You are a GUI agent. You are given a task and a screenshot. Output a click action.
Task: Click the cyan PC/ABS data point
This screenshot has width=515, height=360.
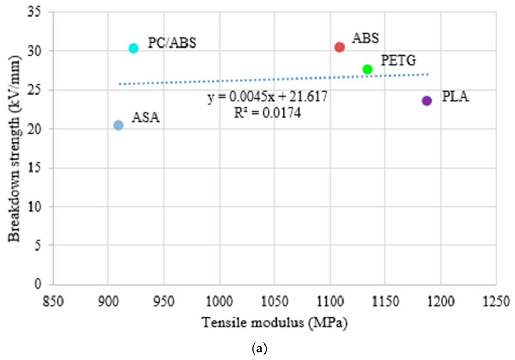pyautogui.click(x=133, y=48)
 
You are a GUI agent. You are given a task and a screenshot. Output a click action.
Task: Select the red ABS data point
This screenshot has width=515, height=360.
pyautogui.click(x=339, y=48)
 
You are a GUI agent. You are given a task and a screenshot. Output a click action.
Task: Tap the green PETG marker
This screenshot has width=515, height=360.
pyautogui.click(x=367, y=69)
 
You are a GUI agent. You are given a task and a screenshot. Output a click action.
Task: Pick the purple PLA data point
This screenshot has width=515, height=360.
pyautogui.click(x=427, y=101)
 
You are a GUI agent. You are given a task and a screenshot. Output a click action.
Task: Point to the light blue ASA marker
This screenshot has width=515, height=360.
pyautogui.click(x=118, y=125)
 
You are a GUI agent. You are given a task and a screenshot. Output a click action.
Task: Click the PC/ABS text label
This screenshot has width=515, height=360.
pyautogui.click(x=172, y=43)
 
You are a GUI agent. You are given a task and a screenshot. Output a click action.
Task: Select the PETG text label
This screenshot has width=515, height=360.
pyautogui.click(x=398, y=60)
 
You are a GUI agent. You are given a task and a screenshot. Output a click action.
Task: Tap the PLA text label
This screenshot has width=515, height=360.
pyautogui.click(x=455, y=97)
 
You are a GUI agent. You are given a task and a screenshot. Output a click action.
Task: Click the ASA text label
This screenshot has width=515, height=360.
pyautogui.click(x=146, y=117)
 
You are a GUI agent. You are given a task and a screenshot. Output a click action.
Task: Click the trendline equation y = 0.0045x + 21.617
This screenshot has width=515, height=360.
pyautogui.click(x=268, y=97)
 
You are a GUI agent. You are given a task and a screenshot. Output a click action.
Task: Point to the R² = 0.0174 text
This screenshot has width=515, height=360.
pyautogui.click(x=267, y=113)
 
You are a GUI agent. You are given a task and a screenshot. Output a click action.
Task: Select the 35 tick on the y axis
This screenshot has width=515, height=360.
pyautogui.click(x=34, y=12)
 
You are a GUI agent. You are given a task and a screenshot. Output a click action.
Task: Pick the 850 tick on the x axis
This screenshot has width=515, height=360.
pyautogui.click(x=53, y=301)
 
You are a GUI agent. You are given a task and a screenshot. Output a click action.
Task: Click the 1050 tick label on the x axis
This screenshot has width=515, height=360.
pyautogui.click(x=275, y=301)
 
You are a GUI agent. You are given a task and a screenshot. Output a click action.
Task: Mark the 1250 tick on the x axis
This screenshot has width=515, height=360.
pyautogui.click(x=496, y=301)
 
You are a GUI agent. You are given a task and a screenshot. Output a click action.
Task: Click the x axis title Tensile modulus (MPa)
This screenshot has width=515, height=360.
pyautogui.click(x=275, y=323)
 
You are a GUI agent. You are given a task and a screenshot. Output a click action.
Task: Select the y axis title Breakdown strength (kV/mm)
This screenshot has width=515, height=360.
pyautogui.click(x=14, y=148)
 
